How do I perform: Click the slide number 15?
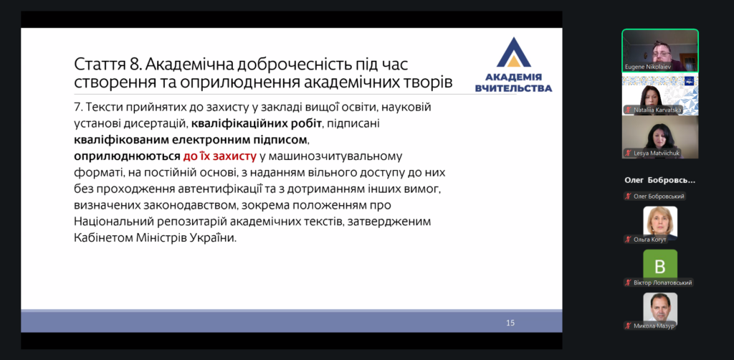tap(510, 323)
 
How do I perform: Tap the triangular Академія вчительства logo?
tap(513, 53)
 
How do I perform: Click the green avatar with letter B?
tap(660, 265)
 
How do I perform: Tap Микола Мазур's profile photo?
tap(660, 308)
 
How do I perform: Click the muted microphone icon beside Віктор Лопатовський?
tap(628, 283)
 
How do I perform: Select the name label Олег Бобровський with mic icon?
tap(654, 196)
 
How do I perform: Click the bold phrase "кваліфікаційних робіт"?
tap(257, 123)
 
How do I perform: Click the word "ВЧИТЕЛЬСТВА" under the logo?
tap(513, 88)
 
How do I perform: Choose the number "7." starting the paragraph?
tap(78, 107)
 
